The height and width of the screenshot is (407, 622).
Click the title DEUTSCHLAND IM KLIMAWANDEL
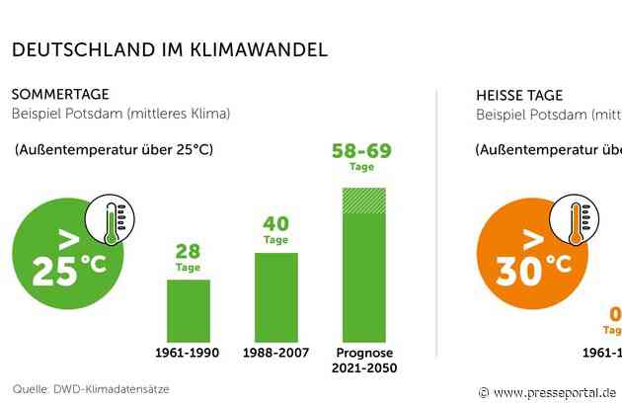pos(169,48)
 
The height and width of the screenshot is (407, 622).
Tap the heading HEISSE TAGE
pos(519,95)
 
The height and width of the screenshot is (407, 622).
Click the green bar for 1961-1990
pos(188,309)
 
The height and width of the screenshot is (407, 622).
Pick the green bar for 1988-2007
pos(275,296)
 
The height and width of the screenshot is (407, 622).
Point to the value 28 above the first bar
pos(188,252)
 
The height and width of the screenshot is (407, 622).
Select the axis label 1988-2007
pos(275,353)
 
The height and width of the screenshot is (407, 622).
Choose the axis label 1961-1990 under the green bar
pos(188,353)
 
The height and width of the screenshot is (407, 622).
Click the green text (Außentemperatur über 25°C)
pos(114,150)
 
